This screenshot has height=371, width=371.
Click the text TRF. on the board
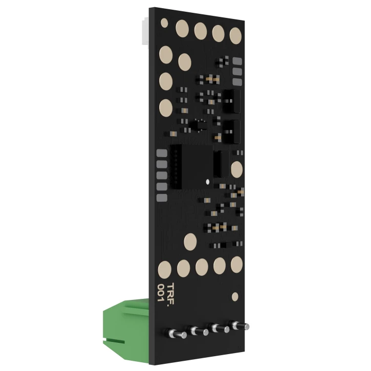(170, 295)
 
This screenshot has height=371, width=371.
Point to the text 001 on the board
(161, 293)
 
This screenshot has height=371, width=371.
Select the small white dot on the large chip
(208, 182)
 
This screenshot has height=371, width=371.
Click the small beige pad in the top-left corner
(164, 23)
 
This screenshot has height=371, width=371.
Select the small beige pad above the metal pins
(235, 296)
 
